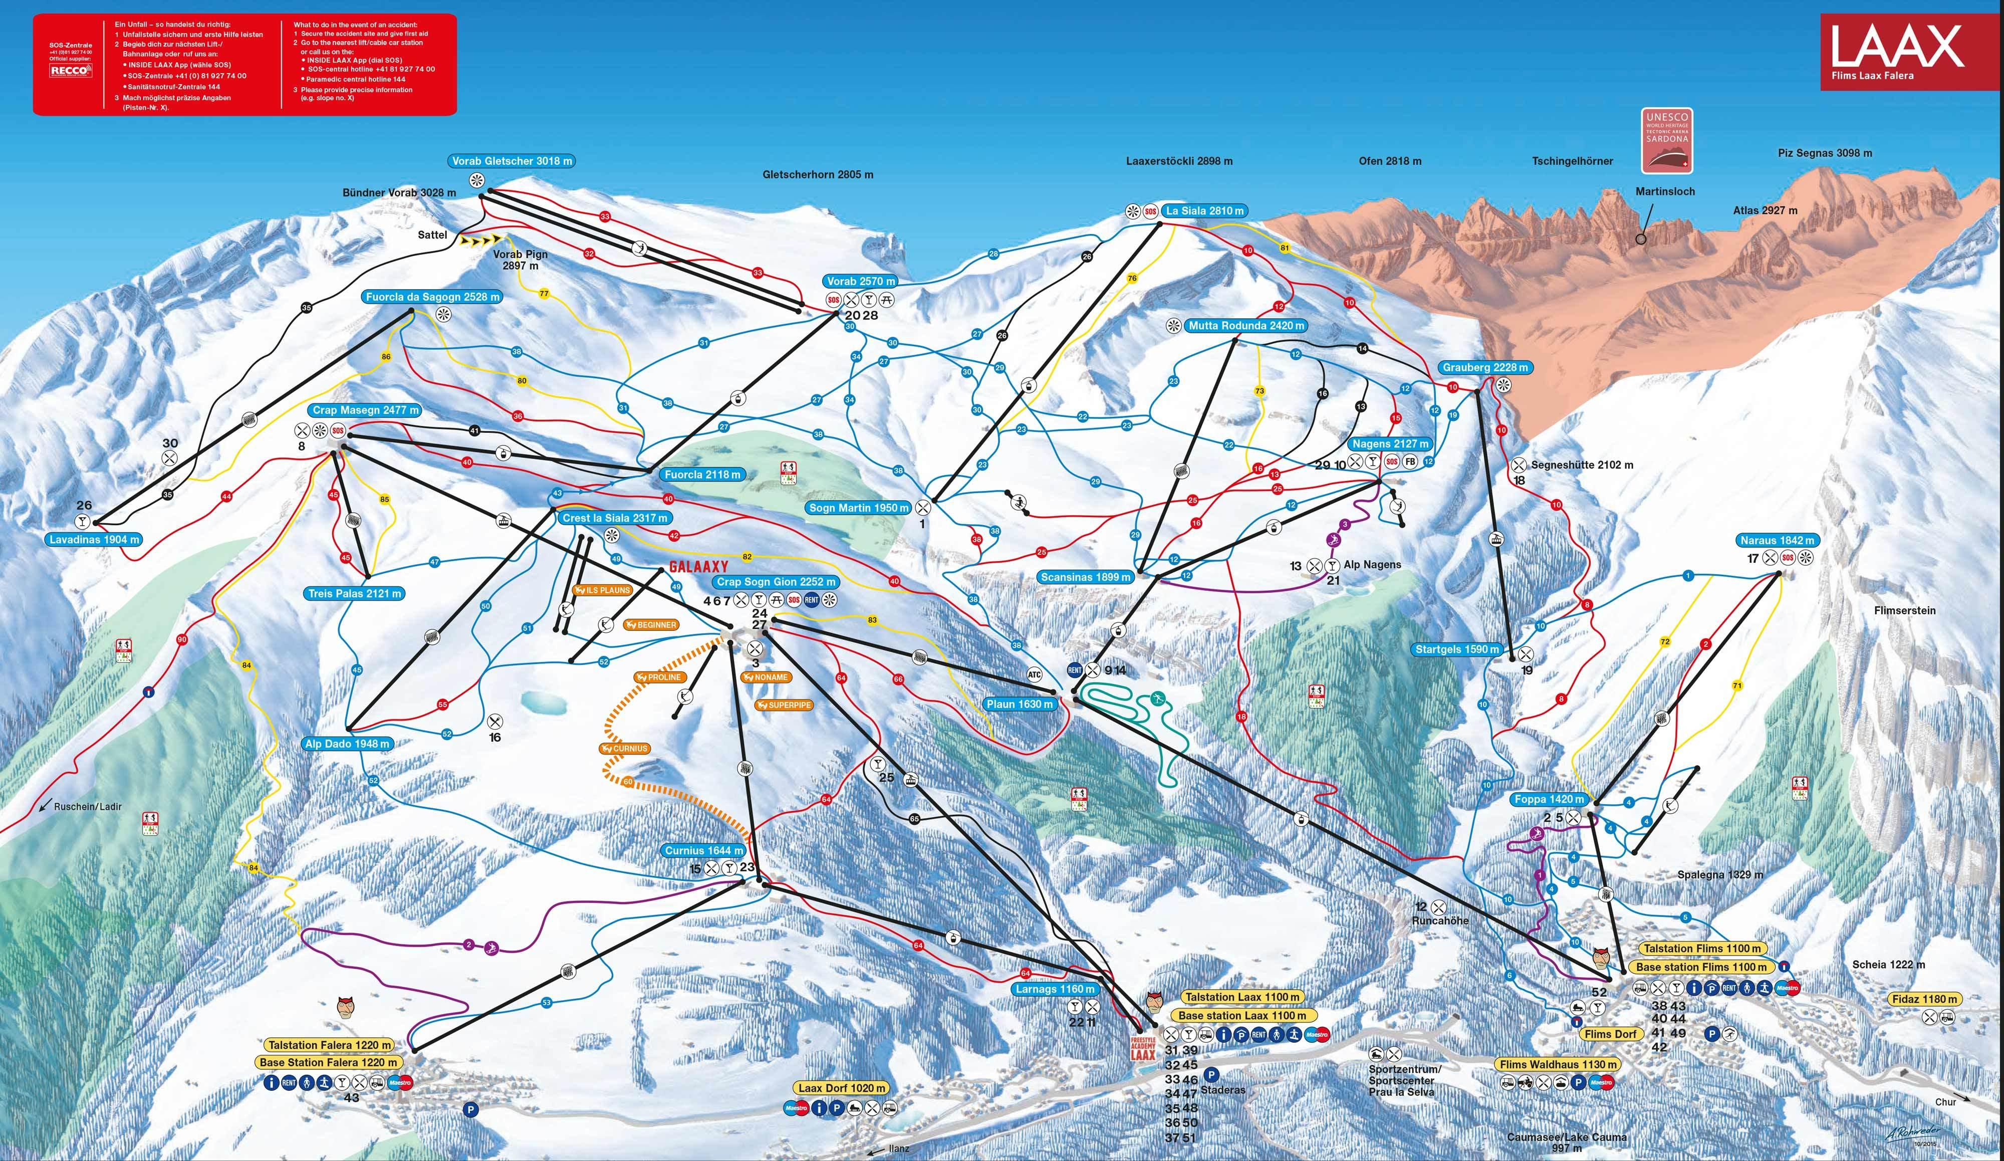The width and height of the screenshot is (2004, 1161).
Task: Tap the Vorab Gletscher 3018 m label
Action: (512, 161)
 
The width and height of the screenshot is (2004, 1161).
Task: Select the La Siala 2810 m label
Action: (1204, 211)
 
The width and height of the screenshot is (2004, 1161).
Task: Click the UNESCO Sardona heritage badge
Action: (1667, 141)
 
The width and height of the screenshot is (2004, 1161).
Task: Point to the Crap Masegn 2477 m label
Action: (365, 410)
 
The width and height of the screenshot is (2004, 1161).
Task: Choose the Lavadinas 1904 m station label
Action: (95, 539)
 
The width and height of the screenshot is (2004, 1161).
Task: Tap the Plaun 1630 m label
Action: (1020, 704)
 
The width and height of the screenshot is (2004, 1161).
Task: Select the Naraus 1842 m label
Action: (1778, 540)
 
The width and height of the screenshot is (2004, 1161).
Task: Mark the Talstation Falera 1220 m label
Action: (329, 1045)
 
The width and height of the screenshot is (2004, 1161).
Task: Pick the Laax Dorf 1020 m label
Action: (841, 1088)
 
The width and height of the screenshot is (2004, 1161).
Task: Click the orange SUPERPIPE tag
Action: (785, 706)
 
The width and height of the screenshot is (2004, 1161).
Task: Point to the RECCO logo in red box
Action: (71, 71)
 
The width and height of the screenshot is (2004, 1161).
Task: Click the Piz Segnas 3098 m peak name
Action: (1824, 153)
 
